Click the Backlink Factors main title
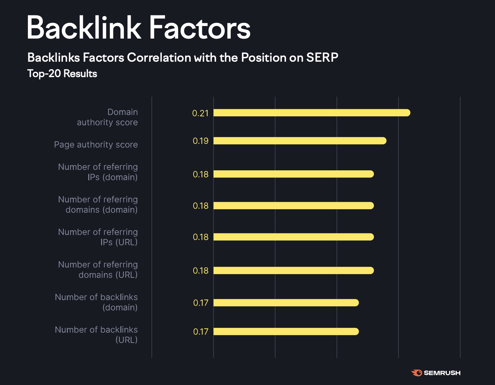138,28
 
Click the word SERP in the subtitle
322,58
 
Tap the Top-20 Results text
62,74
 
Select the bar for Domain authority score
311,113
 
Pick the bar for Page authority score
300,141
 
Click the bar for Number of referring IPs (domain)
293,174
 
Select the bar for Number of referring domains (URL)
293,271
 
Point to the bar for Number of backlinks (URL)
286,331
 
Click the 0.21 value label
200,113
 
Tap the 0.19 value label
201,141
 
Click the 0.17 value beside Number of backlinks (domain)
201,303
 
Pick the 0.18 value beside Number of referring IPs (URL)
201,237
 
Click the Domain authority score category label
108,117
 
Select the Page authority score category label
96,145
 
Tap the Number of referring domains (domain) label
98,205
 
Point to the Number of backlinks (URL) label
97,335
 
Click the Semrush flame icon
416,373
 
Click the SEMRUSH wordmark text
442,373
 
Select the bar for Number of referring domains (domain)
293,206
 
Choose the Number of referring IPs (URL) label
98,237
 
